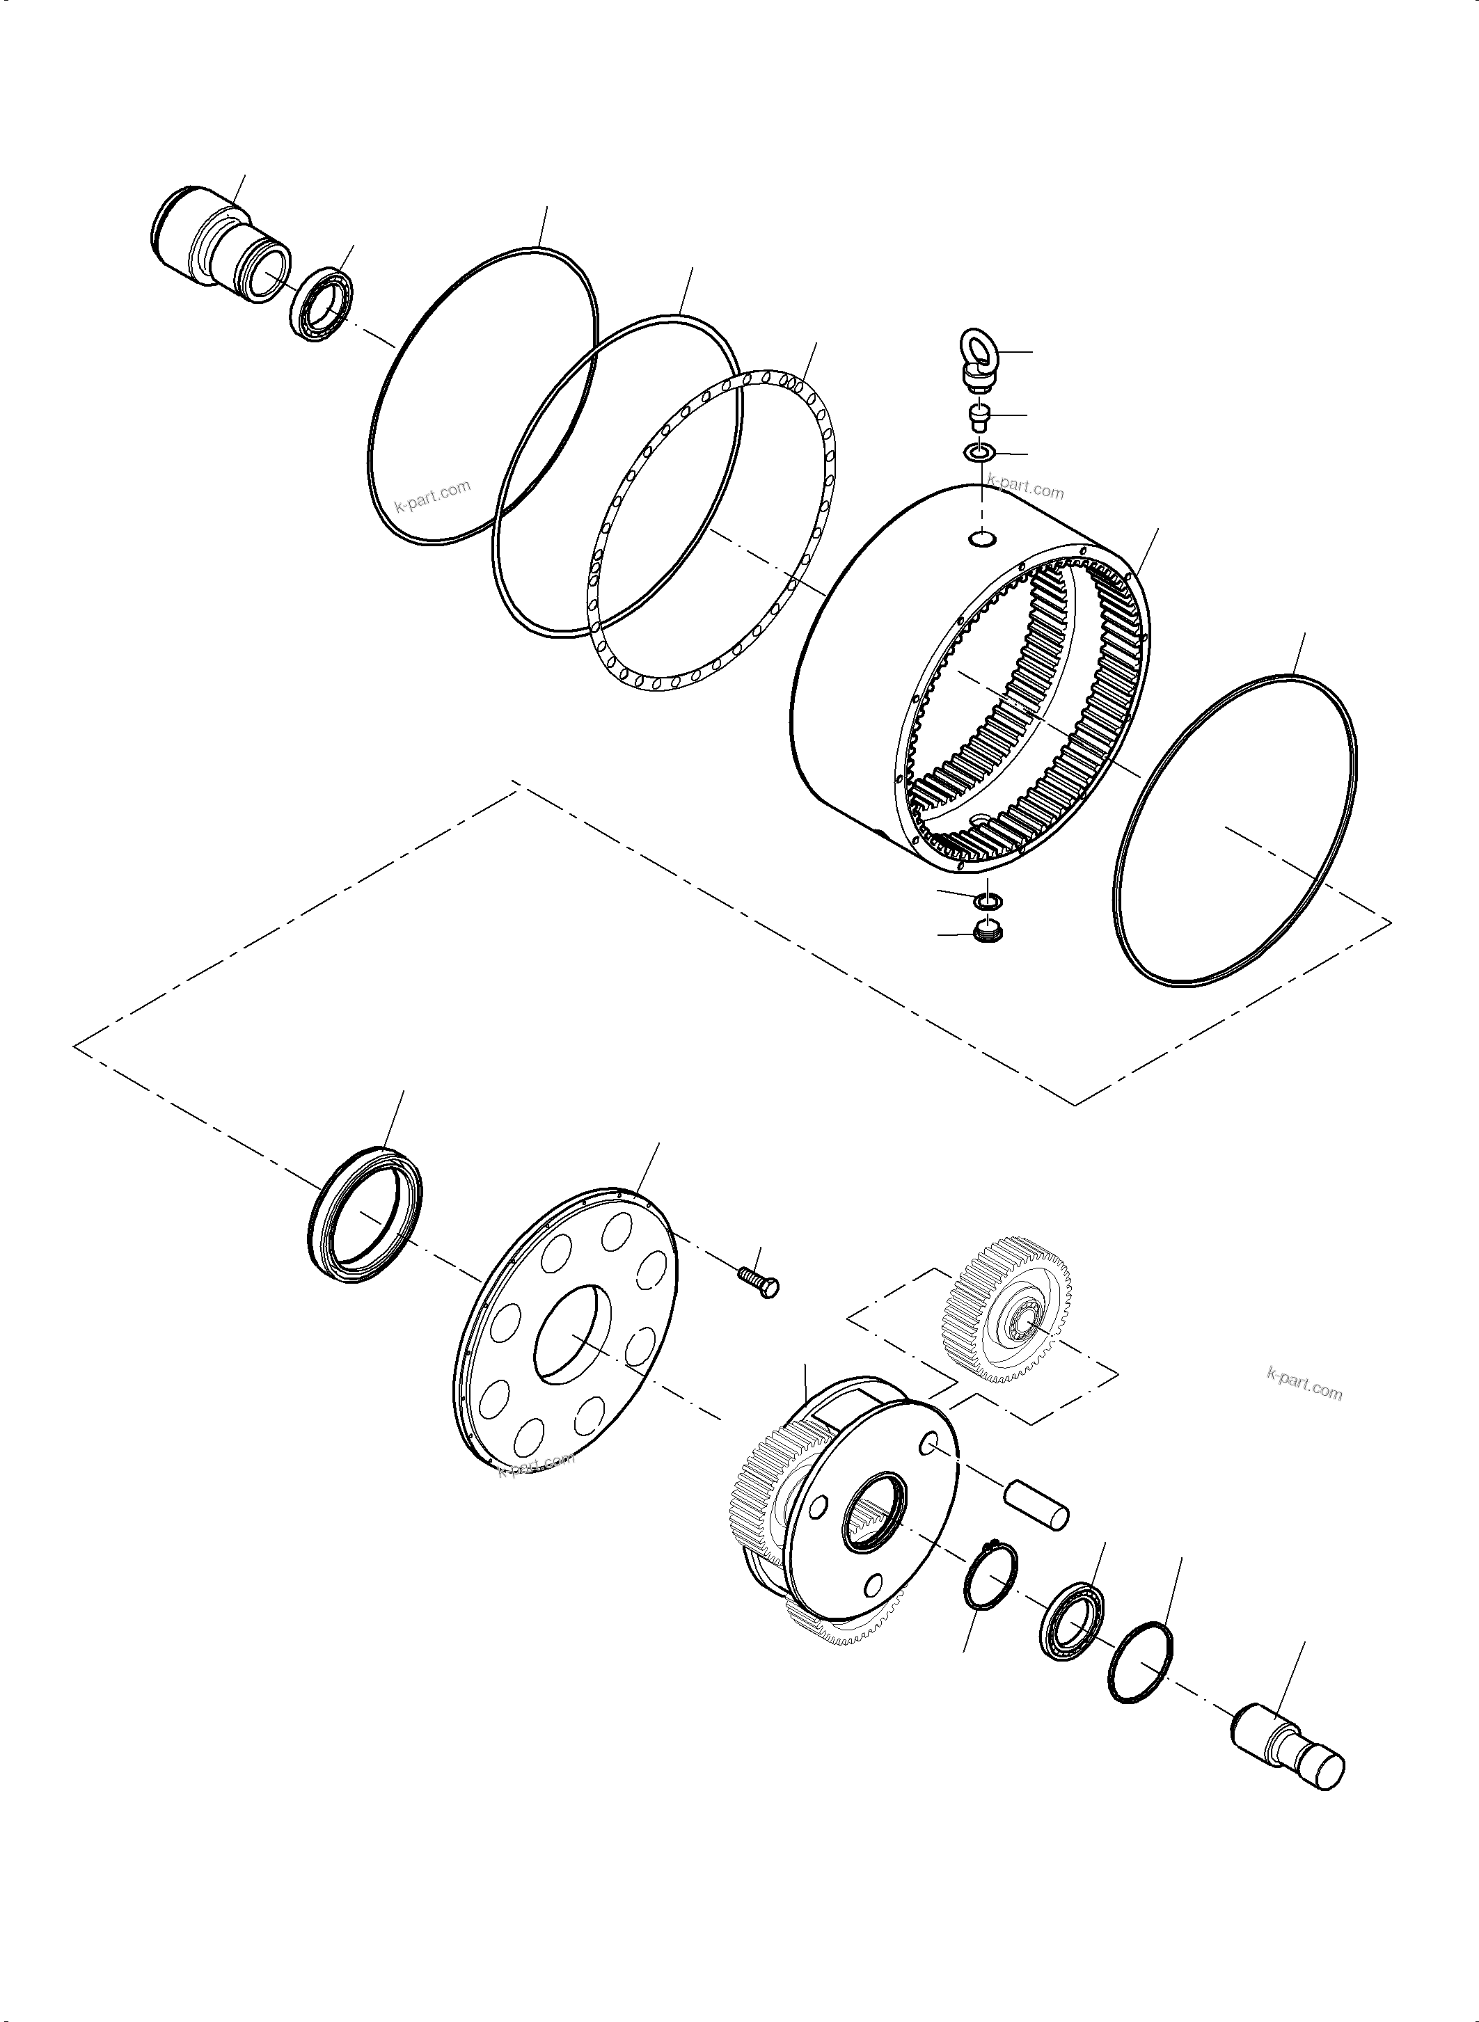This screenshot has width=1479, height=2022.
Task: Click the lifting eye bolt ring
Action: (978, 347)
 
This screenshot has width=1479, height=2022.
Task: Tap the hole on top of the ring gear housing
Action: (983, 538)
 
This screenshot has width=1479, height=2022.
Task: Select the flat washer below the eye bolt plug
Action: (979, 454)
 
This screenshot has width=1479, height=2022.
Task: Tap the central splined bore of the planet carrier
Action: (876, 1513)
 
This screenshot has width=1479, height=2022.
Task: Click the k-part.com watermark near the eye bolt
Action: (1026, 491)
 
